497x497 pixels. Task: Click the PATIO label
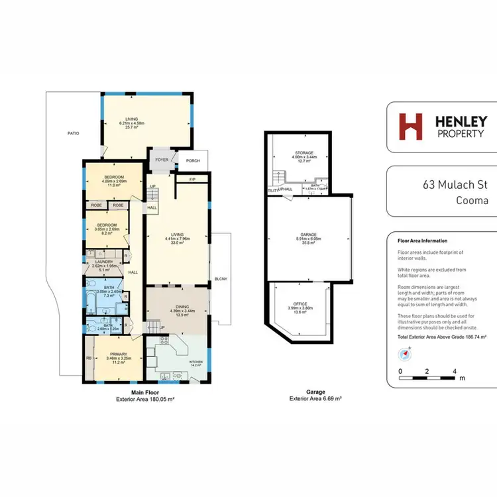(x=73, y=133)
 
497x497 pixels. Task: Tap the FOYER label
(x=162, y=159)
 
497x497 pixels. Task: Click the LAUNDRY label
(x=106, y=262)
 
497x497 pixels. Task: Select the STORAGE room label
(x=304, y=153)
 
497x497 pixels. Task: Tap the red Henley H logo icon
(x=410, y=126)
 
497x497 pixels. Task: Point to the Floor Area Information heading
(x=421, y=241)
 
